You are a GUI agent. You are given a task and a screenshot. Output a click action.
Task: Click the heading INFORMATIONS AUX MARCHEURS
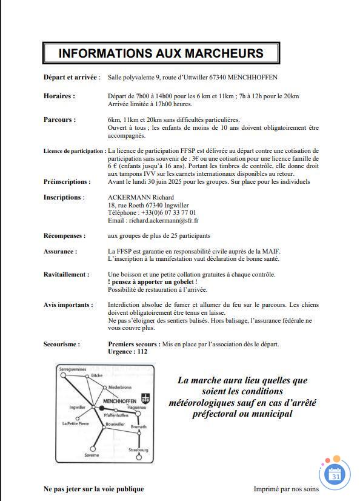click(x=161, y=53)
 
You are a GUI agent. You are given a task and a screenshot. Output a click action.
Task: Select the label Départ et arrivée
click(x=72, y=78)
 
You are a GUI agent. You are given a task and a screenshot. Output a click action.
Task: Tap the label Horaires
click(x=59, y=96)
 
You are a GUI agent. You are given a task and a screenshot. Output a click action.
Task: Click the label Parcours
click(x=59, y=119)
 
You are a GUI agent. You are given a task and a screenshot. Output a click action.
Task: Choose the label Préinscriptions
click(x=67, y=181)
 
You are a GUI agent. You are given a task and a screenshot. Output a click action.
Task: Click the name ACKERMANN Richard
click(x=141, y=197)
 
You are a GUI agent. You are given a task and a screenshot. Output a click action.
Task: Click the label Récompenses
click(x=64, y=235)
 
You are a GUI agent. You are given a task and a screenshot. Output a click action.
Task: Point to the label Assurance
click(x=60, y=251)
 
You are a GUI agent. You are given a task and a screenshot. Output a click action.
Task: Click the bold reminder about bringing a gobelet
click(x=152, y=282)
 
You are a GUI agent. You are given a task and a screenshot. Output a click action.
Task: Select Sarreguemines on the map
click(x=72, y=368)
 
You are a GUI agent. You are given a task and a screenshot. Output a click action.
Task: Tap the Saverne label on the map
click(x=92, y=454)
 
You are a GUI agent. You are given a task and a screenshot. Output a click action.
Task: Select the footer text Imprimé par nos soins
click(x=285, y=489)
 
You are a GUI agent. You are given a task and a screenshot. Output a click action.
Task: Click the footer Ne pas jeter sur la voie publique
click(x=93, y=489)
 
